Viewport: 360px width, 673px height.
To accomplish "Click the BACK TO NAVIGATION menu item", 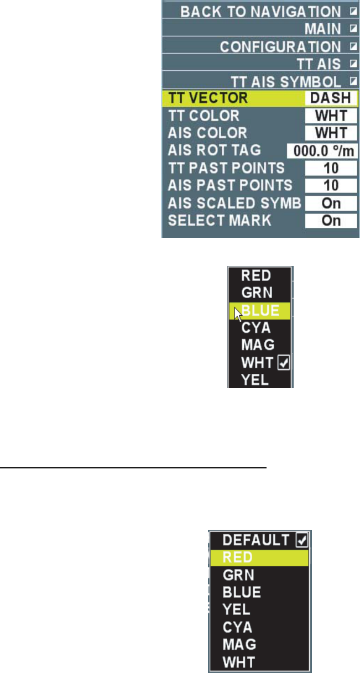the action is [260, 12].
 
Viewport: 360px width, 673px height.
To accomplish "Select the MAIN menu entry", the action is [322, 29].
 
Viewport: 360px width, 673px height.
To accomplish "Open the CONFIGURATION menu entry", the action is [280, 47].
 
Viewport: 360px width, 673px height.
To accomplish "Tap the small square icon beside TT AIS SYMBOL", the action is [352, 82].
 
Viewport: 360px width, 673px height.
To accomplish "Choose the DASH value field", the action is [330, 98].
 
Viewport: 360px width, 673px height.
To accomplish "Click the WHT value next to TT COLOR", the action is [330, 116].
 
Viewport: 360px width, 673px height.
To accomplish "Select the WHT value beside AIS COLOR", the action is [330, 134].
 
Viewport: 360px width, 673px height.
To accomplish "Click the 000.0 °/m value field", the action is [322, 151].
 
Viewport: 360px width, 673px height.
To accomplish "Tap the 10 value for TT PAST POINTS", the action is [330, 168].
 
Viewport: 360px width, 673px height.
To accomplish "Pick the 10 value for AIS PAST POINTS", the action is [330, 186].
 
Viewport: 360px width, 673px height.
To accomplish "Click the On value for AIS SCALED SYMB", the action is [330, 203].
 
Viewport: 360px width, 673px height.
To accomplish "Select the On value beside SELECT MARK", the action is [330, 221].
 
